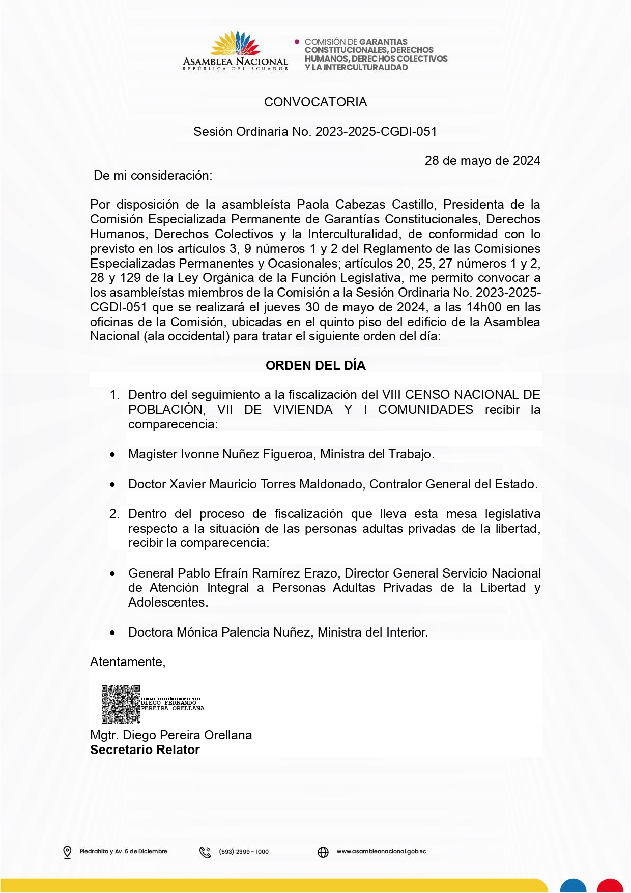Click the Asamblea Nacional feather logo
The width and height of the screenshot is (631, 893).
point(236,44)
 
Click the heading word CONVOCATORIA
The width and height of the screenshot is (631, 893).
point(315,102)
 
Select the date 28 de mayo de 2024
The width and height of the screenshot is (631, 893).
point(482,161)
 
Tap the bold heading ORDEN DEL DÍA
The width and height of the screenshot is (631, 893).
point(315,366)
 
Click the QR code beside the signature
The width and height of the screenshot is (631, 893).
point(121,704)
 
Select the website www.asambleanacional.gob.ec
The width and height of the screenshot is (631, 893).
point(381,852)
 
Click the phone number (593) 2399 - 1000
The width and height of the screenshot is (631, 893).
point(244,852)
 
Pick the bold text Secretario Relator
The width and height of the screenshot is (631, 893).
point(145,750)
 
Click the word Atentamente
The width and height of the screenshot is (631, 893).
point(127,662)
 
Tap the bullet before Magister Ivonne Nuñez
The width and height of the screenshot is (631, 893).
point(112,455)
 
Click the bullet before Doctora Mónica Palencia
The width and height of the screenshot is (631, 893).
point(112,633)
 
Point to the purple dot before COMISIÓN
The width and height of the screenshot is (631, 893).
point(297,42)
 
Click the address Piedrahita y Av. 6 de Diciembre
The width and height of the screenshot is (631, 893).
point(124,852)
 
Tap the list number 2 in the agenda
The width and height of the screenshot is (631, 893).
point(114,514)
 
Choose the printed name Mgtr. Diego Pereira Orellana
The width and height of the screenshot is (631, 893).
point(171,735)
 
